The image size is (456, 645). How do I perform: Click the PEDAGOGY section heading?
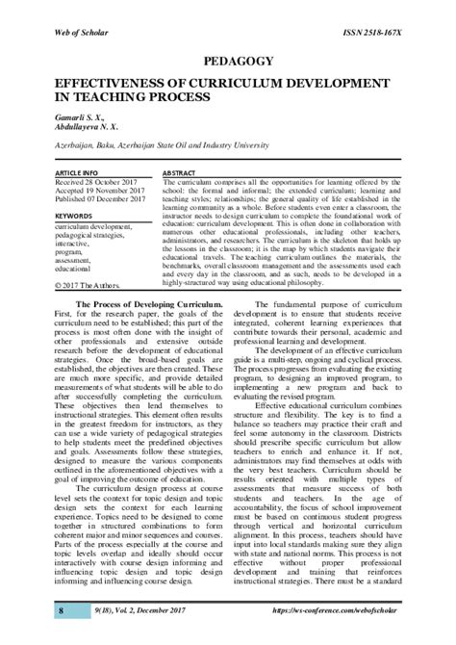coord(228,59)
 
